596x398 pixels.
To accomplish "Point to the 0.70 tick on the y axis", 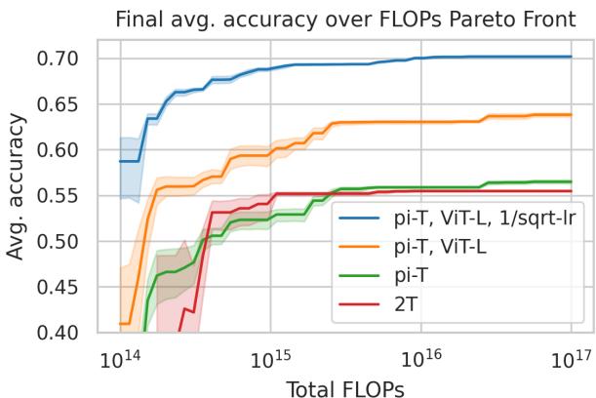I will pos(66,59).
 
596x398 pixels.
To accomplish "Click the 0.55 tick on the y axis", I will pos(66,195).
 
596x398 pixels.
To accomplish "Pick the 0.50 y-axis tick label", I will pos(66,241).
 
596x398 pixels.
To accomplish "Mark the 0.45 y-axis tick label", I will pos(66,287).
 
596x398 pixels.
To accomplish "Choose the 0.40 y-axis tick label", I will pos(66,333).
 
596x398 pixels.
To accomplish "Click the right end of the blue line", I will pos(571,57).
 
